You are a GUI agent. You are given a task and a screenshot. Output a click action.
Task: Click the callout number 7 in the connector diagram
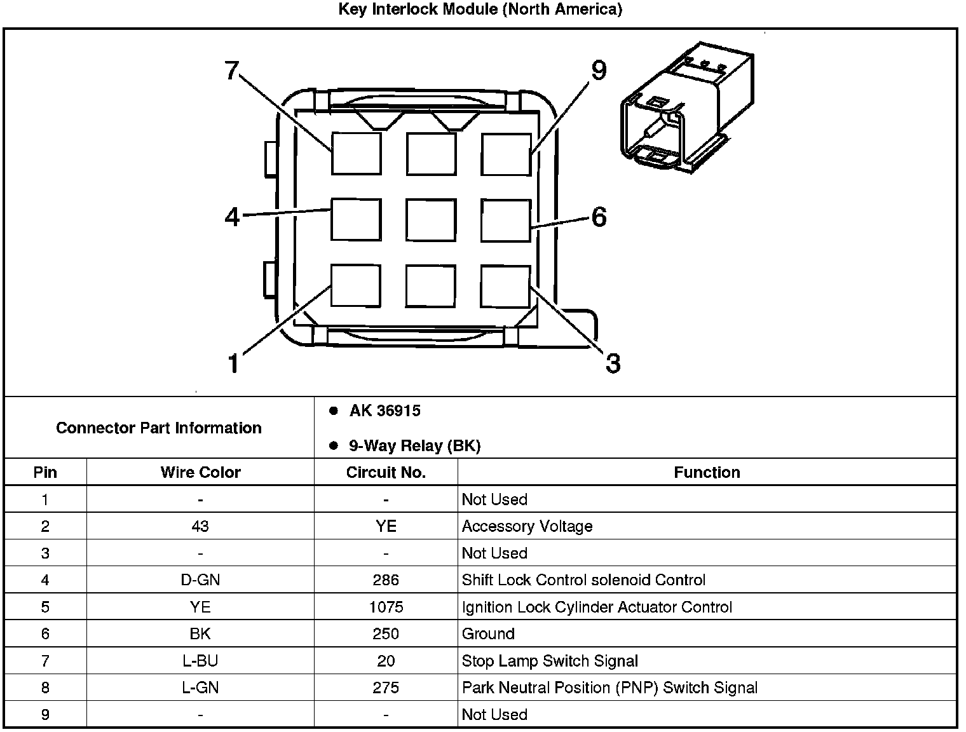coord(231,70)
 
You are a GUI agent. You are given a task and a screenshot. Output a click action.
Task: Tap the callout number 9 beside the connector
coord(598,71)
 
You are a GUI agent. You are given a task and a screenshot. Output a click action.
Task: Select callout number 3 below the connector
coord(612,363)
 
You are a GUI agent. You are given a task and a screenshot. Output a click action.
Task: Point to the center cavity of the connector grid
coord(431,220)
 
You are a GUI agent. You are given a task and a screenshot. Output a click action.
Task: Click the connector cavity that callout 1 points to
coord(356,286)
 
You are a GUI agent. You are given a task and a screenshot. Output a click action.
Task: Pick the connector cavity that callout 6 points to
coord(505,220)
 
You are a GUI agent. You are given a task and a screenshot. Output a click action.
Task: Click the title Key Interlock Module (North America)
coord(480,10)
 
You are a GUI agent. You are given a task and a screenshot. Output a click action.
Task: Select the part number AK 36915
coord(384,411)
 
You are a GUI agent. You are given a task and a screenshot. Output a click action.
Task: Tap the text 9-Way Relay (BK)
coord(414,446)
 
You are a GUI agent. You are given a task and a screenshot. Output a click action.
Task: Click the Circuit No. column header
coord(386,473)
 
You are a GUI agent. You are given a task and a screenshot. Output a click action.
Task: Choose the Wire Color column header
coord(200,473)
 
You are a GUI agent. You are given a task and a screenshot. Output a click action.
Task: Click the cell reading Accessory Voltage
coord(527,526)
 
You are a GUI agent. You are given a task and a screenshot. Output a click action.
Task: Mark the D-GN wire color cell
coord(200,580)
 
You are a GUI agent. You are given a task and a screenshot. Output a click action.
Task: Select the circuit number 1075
coord(386,607)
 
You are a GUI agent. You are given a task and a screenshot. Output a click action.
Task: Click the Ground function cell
coord(488,634)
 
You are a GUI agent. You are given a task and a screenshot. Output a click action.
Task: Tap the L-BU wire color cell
coord(200,661)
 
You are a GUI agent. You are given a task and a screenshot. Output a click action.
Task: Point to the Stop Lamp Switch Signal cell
coord(550,661)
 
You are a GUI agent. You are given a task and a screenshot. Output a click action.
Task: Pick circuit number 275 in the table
coord(386,688)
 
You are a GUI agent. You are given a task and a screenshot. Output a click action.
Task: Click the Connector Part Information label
coord(159,428)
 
